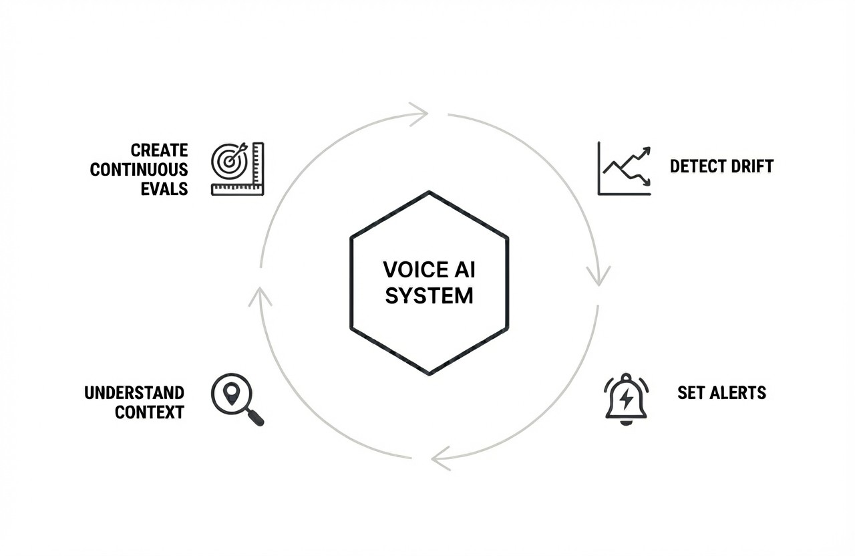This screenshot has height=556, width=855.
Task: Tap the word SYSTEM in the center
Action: (x=429, y=295)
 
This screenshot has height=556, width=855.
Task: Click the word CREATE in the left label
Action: (x=159, y=150)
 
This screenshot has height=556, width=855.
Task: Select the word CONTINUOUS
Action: (x=139, y=170)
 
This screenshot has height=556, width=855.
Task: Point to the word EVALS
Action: (x=164, y=189)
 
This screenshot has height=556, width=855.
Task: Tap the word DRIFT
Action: (x=751, y=166)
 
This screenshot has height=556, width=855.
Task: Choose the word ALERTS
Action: (x=736, y=392)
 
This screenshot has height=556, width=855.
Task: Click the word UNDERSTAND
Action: (x=134, y=392)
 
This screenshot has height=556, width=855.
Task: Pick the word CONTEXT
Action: (x=149, y=412)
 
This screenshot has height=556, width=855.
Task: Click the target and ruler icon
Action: (x=237, y=169)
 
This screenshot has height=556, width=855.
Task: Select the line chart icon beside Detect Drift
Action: (x=624, y=169)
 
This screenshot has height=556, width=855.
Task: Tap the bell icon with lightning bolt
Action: (x=626, y=400)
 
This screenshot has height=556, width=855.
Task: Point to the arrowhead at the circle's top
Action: (x=419, y=114)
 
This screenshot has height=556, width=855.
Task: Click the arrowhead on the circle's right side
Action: (x=598, y=276)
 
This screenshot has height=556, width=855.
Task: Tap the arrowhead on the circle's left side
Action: (x=260, y=295)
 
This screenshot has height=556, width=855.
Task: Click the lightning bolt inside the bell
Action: (x=626, y=399)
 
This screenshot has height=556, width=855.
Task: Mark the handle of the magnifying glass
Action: (x=256, y=418)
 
